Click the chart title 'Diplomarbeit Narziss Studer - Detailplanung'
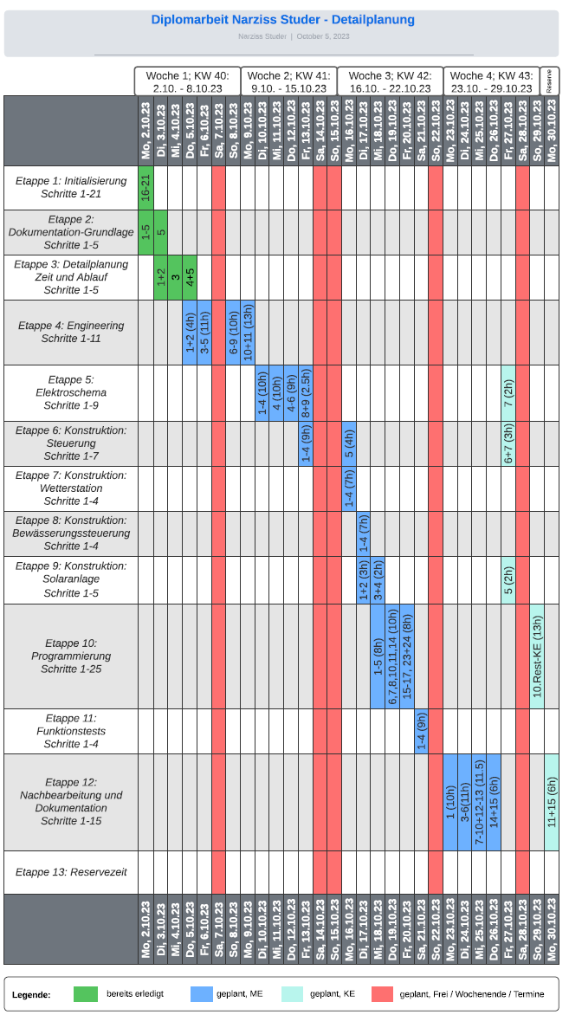point(282,20)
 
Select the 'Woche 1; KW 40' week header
point(187,81)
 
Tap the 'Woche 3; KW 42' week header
point(389,81)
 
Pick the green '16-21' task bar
point(146,187)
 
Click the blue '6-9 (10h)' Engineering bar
point(233,333)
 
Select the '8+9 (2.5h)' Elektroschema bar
point(306,393)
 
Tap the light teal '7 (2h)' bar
point(508,393)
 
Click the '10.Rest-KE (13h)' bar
point(537,656)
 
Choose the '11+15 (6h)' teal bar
point(552,802)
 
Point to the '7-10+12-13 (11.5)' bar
point(479,802)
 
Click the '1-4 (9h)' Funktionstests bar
point(421,731)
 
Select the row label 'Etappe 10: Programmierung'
point(71,656)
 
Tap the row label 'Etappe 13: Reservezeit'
point(71,872)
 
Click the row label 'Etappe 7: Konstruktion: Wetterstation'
point(71,488)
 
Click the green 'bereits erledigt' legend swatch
point(85,994)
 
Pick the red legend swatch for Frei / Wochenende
point(382,994)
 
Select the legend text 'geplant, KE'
point(333,994)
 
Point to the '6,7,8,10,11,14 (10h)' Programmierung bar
point(392,656)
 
